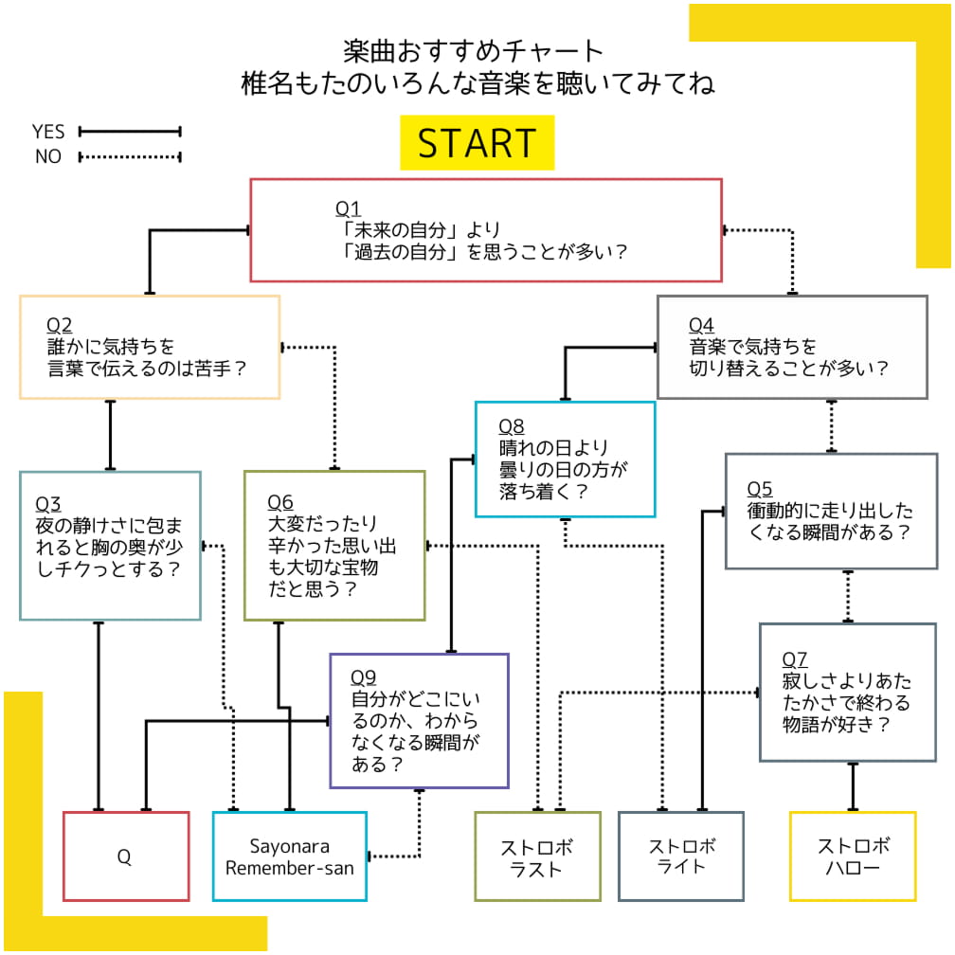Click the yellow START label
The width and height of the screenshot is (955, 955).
(x=477, y=143)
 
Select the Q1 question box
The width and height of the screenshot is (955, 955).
(x=485, y=230)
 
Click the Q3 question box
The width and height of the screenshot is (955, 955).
(x=110, y=546)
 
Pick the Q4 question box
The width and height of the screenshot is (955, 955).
(x=792, y=347)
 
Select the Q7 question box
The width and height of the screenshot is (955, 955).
(x=847, y=692)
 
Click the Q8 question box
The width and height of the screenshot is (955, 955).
(x=565, y=459)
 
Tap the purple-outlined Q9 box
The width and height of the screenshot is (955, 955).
(x=419, y=721)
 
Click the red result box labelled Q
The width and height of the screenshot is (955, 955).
(x=126, y=856)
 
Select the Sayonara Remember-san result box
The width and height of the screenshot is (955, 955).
(x=290, y=856)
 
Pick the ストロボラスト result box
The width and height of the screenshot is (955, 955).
(x=537, y=856)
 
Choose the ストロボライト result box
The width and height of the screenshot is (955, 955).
(x=681, y=856)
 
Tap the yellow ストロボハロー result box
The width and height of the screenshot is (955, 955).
(x=853, y=856)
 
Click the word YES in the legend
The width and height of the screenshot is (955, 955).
(x=48, y=132)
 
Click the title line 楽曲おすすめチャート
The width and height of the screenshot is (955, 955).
(x=474, y=50)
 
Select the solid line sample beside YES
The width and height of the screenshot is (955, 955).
(x=130, y=132)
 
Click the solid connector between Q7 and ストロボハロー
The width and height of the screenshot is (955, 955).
(x=853, y=786)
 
